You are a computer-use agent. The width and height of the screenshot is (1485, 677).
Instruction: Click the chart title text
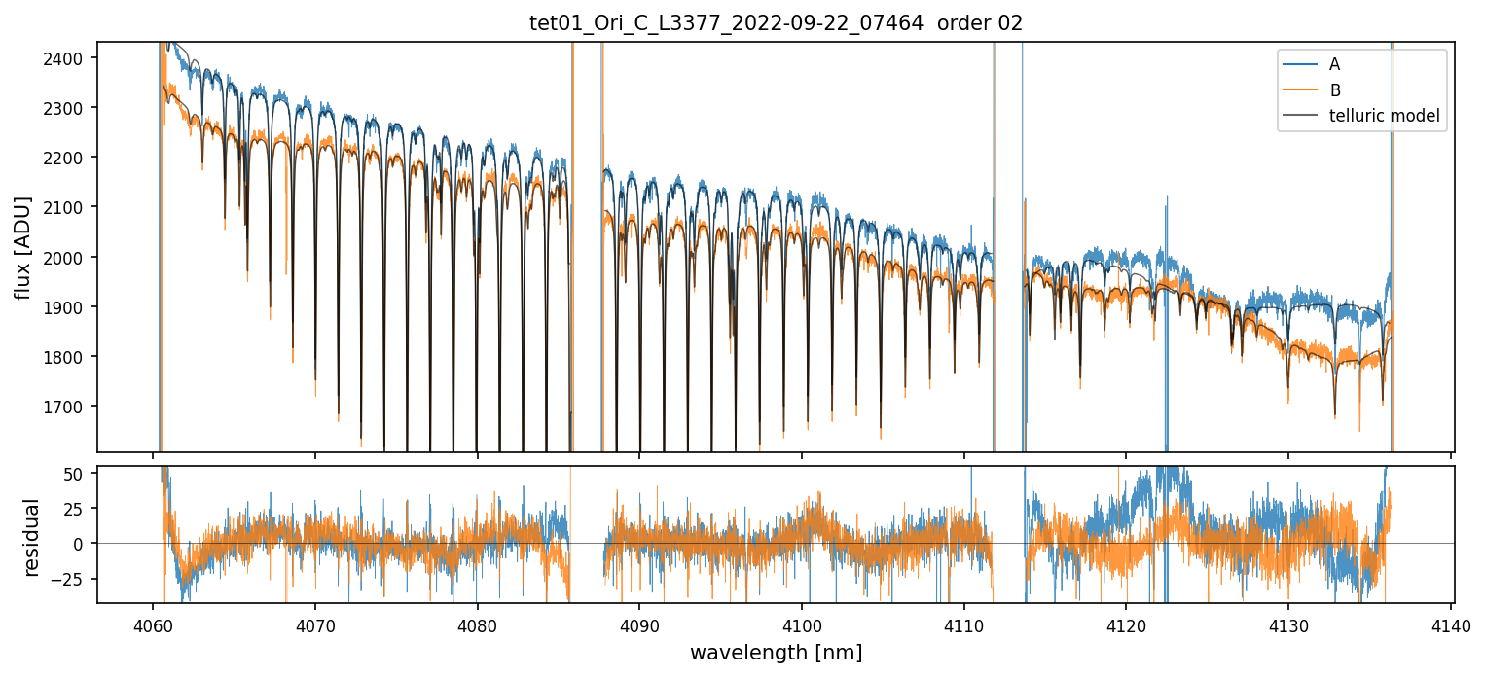(776, 23)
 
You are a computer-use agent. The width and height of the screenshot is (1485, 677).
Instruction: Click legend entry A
(1334, 64)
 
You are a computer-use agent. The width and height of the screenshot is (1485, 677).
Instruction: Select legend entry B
(1334, 90)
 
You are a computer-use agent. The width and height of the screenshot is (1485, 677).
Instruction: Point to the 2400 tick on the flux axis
(70, 58)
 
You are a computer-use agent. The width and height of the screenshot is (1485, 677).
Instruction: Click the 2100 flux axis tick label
(70, 207)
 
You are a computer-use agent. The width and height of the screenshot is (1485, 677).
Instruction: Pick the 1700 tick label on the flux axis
(70, 407)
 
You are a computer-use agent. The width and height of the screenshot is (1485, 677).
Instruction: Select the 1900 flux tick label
(70, 307)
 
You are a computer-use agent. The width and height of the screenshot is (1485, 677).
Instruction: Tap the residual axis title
(32, 537)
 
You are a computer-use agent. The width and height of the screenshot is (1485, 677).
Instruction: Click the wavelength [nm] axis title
(776, 652)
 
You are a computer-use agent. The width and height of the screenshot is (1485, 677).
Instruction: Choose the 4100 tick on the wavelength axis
(802, 624)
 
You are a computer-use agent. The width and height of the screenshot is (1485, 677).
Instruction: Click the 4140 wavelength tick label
(1451, 624)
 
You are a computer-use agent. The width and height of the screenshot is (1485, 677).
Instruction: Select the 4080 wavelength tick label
(477, 624)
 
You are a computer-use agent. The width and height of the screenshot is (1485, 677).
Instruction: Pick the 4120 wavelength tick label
(1126, 624)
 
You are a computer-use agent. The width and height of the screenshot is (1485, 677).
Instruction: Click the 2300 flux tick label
(70, 108)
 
